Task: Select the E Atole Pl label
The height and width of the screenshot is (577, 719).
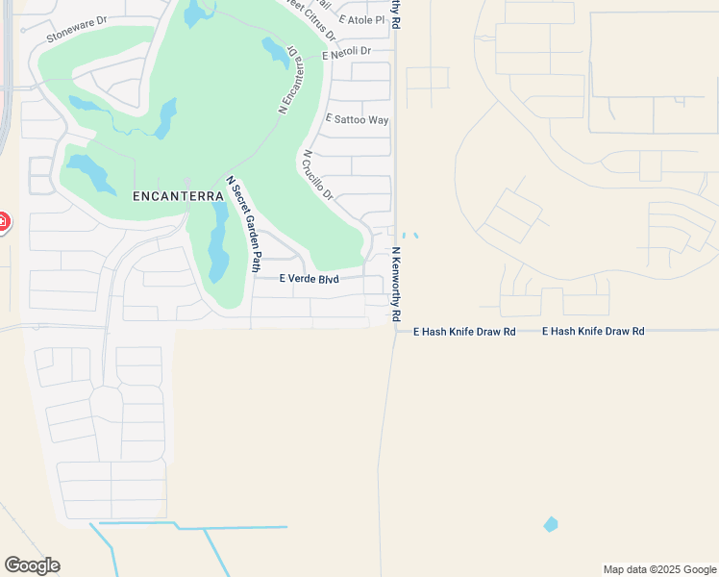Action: click(361, 19)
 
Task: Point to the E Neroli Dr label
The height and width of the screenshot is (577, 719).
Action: click(346, 55)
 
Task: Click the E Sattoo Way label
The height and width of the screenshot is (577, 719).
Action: click(357, 119)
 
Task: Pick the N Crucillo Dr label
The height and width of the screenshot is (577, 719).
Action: click(317, 174)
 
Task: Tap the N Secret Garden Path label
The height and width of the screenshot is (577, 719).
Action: click(243, 223)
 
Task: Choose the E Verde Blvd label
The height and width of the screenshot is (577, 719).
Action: click(309, 279)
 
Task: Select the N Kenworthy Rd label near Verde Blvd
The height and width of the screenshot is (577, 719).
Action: click(395, 284)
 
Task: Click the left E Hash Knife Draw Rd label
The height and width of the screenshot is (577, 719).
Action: click(464, 331)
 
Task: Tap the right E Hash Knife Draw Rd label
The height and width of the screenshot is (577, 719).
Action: click(593, 331)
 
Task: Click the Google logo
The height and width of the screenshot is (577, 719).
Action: click(32, 564)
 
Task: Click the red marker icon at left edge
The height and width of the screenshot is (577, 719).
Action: click(3, 222)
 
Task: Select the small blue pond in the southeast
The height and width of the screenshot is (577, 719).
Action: click(550, 524)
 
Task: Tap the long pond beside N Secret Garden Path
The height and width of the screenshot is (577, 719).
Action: click(218, 244)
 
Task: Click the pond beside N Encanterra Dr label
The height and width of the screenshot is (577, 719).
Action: click(276, 53)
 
